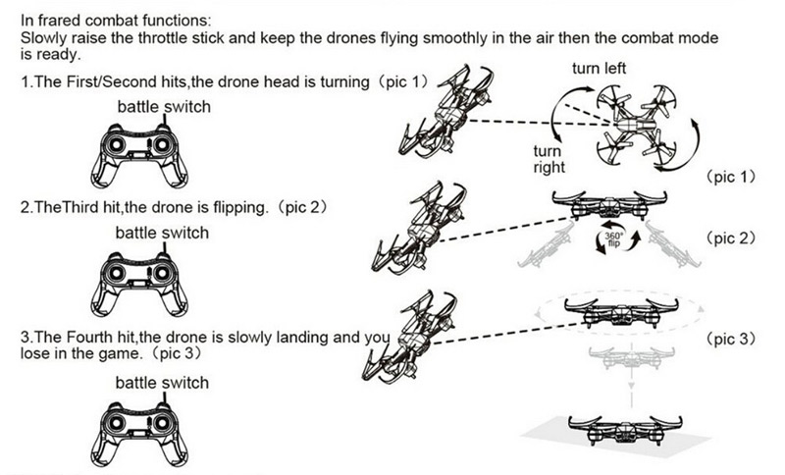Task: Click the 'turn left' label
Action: click(599, 69)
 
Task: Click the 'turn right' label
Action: click(548, 159)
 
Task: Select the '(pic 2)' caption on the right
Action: click(731, 238)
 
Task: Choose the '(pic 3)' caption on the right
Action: click(731, 339)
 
